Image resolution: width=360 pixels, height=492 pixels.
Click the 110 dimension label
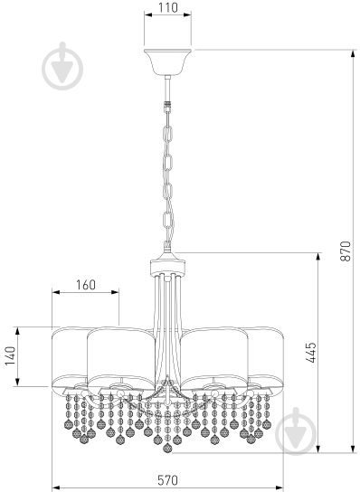tap(168, 7)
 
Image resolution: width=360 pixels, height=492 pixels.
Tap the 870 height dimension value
tap(346, 251)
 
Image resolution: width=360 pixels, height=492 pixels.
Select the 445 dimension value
tap(311, 353)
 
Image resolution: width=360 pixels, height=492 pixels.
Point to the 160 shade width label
tap(86, 285)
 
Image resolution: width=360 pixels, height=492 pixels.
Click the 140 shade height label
tap(10, 355)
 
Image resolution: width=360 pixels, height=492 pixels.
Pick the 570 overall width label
tap(167, 480)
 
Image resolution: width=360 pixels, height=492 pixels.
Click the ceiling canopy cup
tap(168, 61)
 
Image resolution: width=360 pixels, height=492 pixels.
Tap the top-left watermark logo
tap(62, 67)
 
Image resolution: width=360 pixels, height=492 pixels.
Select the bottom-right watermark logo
tap(296, 430)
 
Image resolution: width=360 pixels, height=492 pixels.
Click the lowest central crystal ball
tap(167, 448)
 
